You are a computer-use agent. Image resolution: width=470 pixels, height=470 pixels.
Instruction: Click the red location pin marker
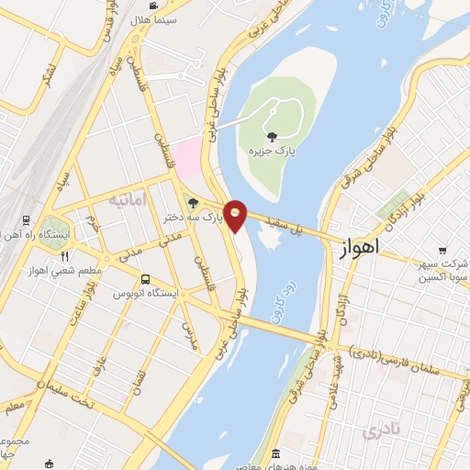click(x=236, y=215)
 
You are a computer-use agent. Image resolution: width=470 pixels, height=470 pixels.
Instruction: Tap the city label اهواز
click(x=360, y=251)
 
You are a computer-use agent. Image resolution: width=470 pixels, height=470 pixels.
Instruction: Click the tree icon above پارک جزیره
click(x=273, y=137)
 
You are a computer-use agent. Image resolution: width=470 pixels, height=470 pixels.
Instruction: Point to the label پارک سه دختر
click(x=193, y=218)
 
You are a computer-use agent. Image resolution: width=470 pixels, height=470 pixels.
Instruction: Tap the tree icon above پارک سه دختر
click(x=192, y=204)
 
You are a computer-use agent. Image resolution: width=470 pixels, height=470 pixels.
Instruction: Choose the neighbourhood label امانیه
click(x=127, y=199)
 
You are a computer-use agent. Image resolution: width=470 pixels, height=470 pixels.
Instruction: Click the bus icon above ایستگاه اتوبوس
click(x=145, y=279)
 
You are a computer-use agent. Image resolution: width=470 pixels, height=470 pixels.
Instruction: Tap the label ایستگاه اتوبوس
click(x=144, y=293)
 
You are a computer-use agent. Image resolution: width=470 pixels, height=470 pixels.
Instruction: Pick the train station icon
click(x=27, y=221)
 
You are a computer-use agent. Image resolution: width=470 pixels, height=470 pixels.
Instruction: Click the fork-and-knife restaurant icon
click(x=64, y=256)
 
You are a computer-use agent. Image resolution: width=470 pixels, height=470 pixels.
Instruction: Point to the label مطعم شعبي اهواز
click(x=65, y=270)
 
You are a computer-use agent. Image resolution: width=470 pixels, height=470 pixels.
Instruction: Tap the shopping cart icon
click(x=442, y=249)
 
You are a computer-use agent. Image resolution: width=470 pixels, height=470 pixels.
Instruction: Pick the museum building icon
click(x=276, y=453)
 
